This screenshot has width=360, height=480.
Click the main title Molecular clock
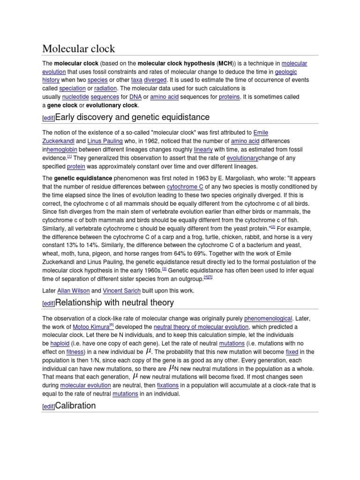tap(79, 49)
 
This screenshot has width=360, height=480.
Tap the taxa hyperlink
tap(137, 80)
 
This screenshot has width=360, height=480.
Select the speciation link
tap(72, 88)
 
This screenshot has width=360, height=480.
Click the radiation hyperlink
tap(105, 88)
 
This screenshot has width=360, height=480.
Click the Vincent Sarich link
tap(121, 291)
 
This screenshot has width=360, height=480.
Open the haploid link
tap(60, 344)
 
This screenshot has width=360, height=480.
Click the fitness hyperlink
tap(75, 352)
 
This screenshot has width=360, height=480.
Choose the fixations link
tap(168, 385)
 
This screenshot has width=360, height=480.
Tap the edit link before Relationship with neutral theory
tap(48, 304)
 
